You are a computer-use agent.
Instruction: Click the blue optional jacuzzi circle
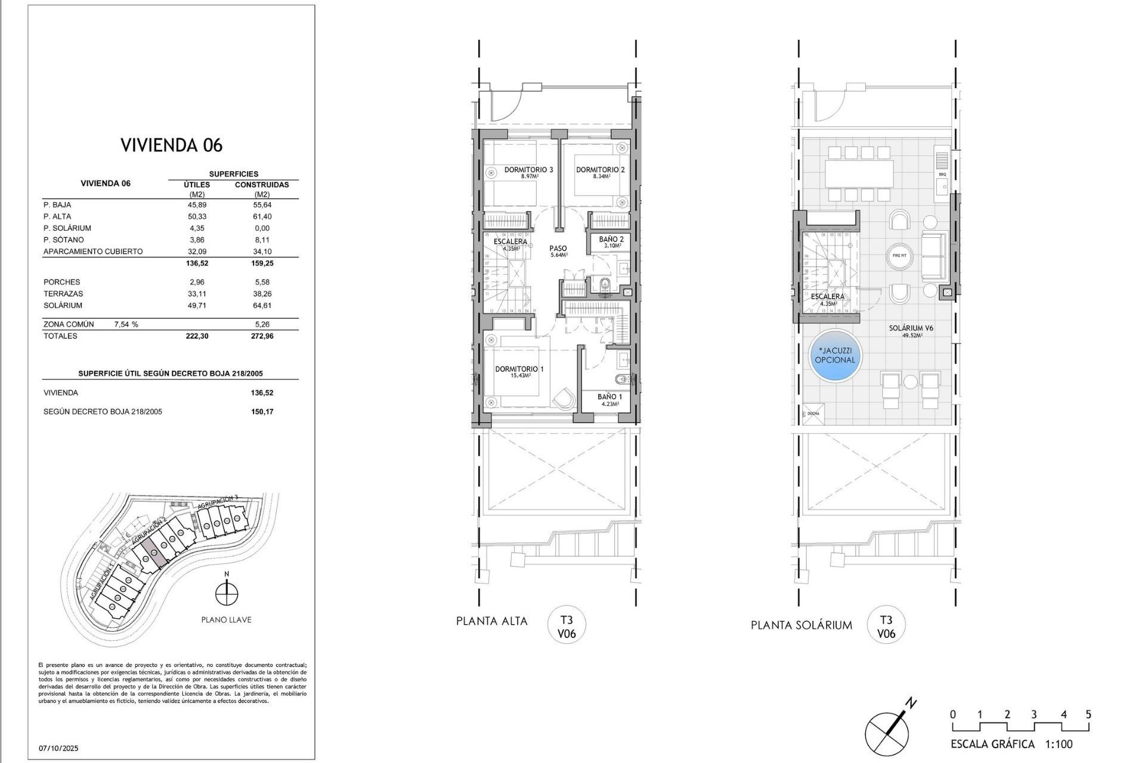835,356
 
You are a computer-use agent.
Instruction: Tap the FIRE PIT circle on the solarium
900,255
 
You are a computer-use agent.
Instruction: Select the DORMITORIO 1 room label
519,370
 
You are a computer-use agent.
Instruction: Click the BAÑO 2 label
611,240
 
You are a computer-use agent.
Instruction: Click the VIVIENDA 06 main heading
172,145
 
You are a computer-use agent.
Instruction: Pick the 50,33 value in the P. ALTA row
197,216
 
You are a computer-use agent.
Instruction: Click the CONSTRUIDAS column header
262,185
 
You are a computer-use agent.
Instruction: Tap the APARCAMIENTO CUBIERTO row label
93,252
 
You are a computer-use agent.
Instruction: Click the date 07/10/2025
59,748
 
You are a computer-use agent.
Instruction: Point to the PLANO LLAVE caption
226,620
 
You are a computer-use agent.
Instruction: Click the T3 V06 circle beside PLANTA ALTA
567,626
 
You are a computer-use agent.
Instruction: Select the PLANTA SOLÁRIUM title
801,625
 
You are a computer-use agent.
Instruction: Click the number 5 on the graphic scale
1088,715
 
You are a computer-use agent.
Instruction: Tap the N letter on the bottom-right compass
911,703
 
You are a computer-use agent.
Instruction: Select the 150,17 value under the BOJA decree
262,412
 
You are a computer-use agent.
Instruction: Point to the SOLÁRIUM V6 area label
911,328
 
